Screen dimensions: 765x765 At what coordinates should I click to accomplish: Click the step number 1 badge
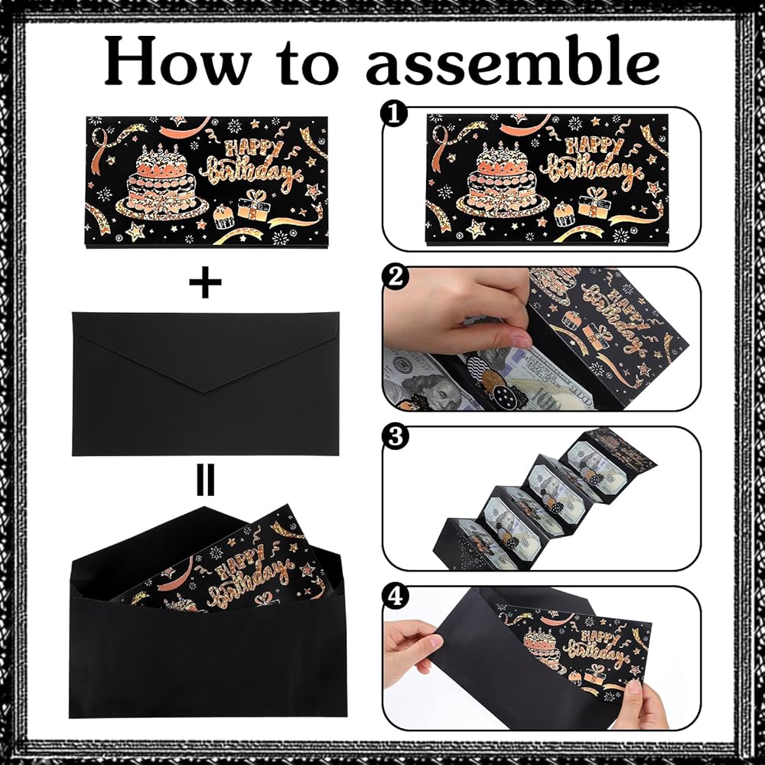[x=394, y=116]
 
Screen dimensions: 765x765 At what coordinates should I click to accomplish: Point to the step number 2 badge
[x=394, y=277]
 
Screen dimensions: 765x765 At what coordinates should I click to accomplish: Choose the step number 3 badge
[x=394, y=437]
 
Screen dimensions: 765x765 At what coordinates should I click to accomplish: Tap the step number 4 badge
[x=394, y=596]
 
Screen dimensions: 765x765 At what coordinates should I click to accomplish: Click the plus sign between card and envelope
[x=205, y=282]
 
